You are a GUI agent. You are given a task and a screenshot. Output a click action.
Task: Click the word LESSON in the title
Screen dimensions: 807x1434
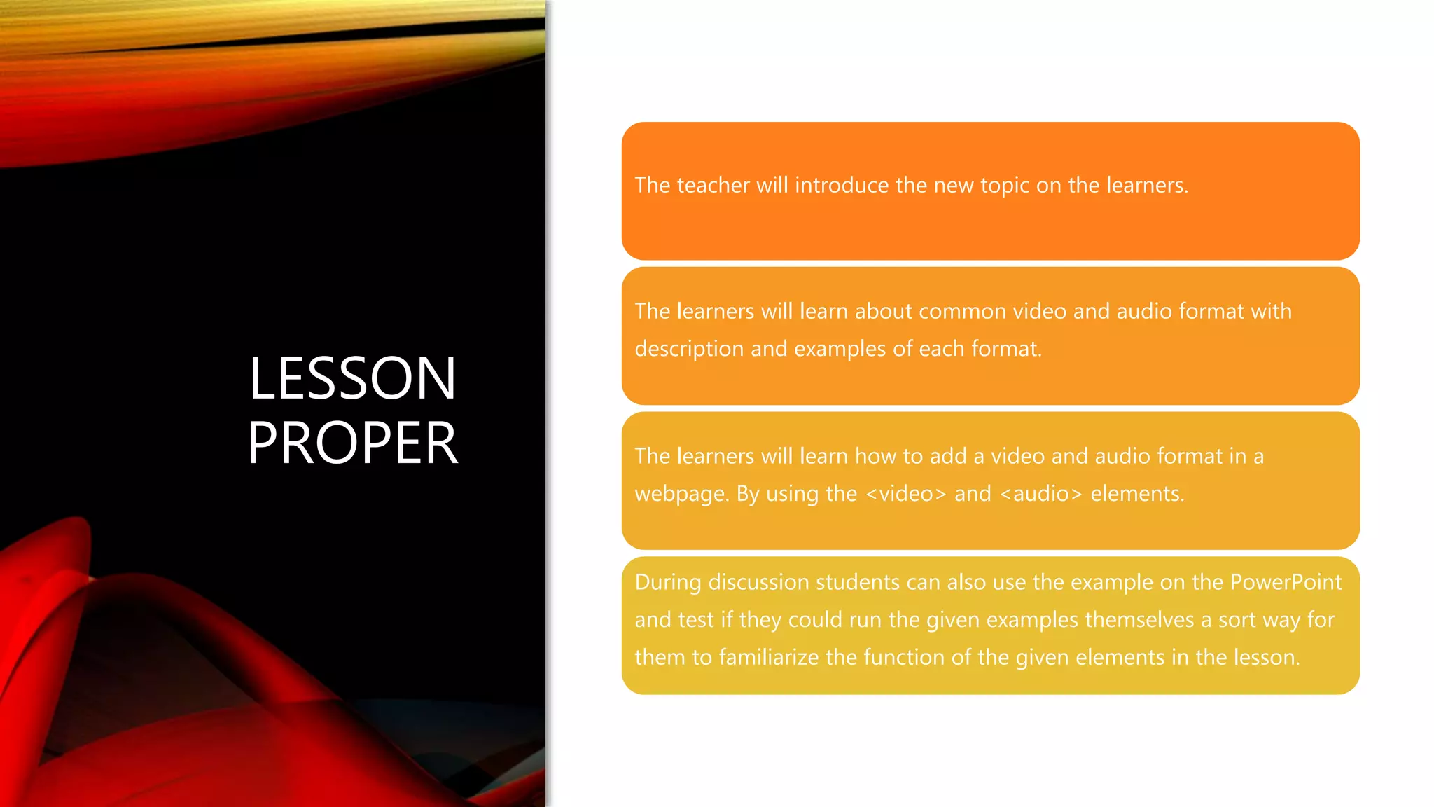click(x=352, y=378)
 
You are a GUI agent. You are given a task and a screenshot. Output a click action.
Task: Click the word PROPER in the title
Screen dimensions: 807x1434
click(x=352, y=443)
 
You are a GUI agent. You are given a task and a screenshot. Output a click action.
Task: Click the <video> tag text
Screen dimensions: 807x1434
click(x=906, y=494)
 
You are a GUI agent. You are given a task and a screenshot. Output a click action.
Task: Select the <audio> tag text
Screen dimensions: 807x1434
click(x=1040, y=494)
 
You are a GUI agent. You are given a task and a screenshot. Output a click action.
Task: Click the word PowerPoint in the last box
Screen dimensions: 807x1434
click(x=1286, y=582)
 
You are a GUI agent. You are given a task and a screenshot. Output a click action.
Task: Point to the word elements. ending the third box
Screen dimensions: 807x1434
click(x=1137, y=494)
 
